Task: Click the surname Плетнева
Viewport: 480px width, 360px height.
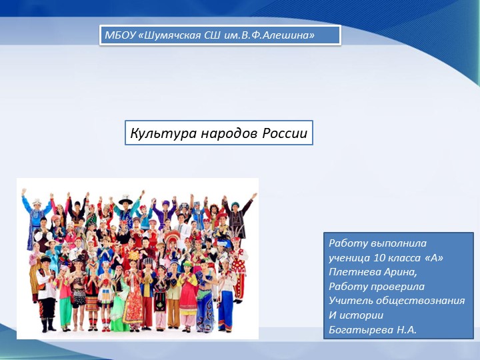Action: pos(355,272)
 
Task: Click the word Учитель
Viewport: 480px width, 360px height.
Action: pos(350,301)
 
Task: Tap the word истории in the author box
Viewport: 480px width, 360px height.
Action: pos(361,315)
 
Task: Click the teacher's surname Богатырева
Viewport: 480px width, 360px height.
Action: pos(361,330)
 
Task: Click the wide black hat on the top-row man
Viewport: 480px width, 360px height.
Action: pos(126,200)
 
